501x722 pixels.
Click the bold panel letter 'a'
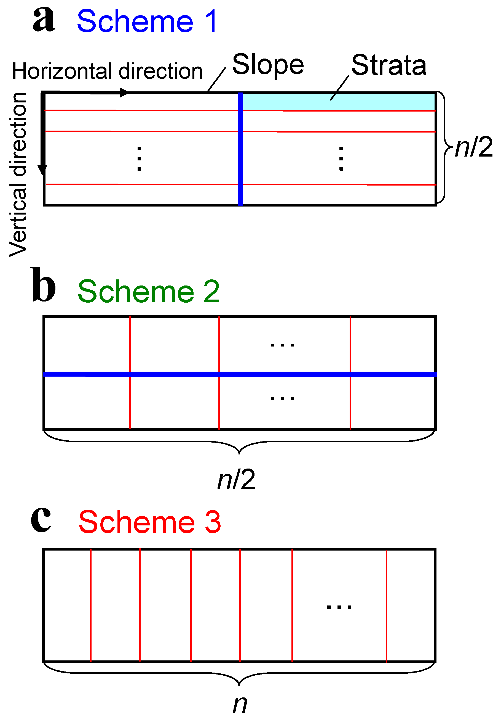(44, 20)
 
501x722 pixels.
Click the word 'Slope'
(268, 65)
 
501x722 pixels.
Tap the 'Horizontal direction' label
(107, 71)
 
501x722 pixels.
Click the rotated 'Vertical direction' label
(18, 174)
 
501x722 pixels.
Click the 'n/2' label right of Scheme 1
(473, 147)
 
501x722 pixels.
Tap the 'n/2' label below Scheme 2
(236, 480)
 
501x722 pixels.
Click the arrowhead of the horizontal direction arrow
(124, 92)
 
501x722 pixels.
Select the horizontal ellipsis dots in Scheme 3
(339, 607)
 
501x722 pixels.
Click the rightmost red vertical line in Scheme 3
(386, 605)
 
